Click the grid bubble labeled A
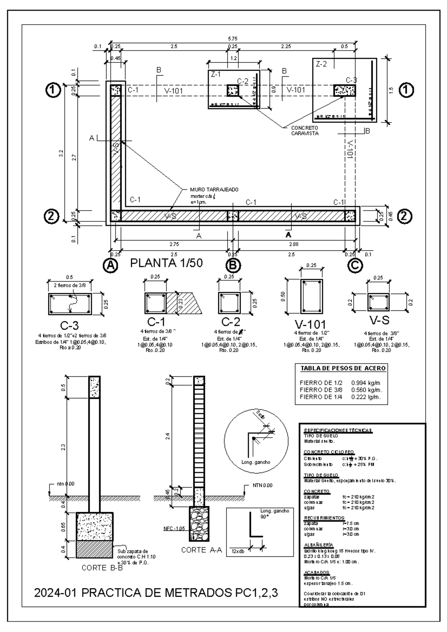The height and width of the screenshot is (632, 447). coord(110,265)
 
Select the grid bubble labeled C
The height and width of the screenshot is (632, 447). coord(355,265)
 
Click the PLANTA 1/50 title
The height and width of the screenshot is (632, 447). coord(167,263)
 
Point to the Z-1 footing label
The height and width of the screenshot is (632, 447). coord(216,74)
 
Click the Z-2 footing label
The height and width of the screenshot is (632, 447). coord(321,64)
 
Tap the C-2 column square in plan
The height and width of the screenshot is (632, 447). coord(233,90)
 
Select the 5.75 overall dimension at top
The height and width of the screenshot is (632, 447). coord(233,38)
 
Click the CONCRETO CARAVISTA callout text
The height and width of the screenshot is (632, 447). coord(305,131)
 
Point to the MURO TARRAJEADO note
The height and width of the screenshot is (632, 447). coord(214,189)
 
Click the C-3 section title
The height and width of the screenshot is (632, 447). coord(69,325)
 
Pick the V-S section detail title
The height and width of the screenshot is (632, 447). coord(380,320)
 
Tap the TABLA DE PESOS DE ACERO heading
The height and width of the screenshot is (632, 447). coord(343,368)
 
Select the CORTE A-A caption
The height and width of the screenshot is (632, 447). coord(202,550)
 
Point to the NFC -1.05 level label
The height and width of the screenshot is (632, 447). coord(174,529)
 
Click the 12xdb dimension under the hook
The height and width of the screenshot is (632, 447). coord(238,551)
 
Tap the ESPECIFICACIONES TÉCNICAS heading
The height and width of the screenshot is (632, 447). coord(338,430)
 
